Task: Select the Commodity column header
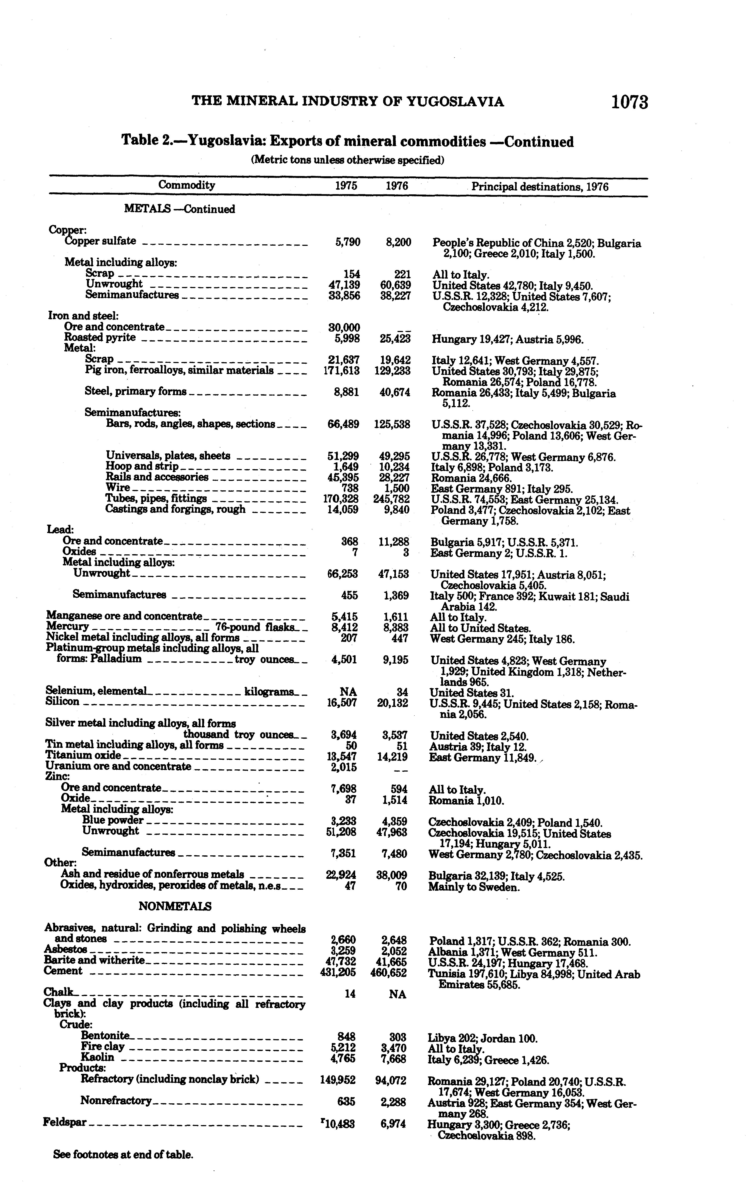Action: (186, 185)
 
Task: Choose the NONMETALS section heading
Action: (175, 906)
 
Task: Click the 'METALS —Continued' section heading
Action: (179, 209)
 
